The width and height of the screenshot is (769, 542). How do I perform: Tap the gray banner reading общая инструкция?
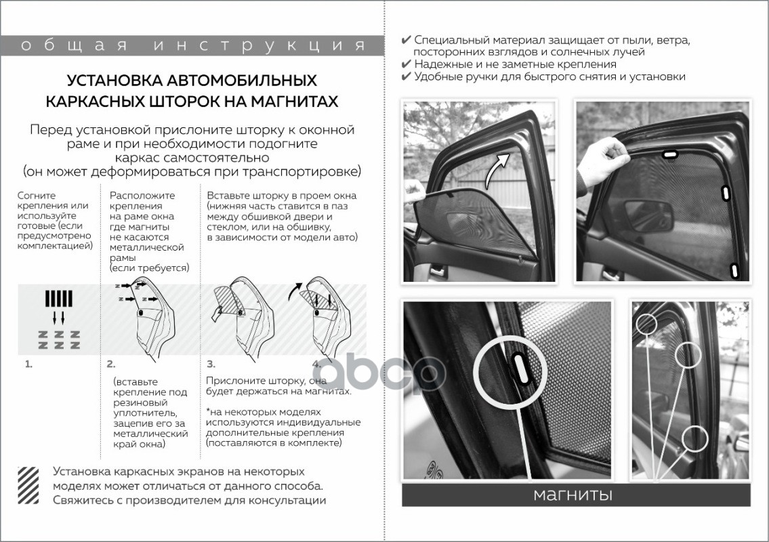click(x=192, y=45)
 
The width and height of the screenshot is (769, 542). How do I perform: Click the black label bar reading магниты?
click(x=576, y=495)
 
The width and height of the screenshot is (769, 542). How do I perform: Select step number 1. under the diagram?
click(x=28, y=364)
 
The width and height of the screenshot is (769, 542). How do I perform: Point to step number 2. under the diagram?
click(x=111, y=364)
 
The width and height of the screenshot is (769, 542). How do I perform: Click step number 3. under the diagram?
click(x=211, y=364)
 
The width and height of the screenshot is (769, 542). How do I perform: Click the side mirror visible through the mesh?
click(x=647, y=215)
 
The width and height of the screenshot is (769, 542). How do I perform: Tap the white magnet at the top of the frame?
click(x=669, y=155)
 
